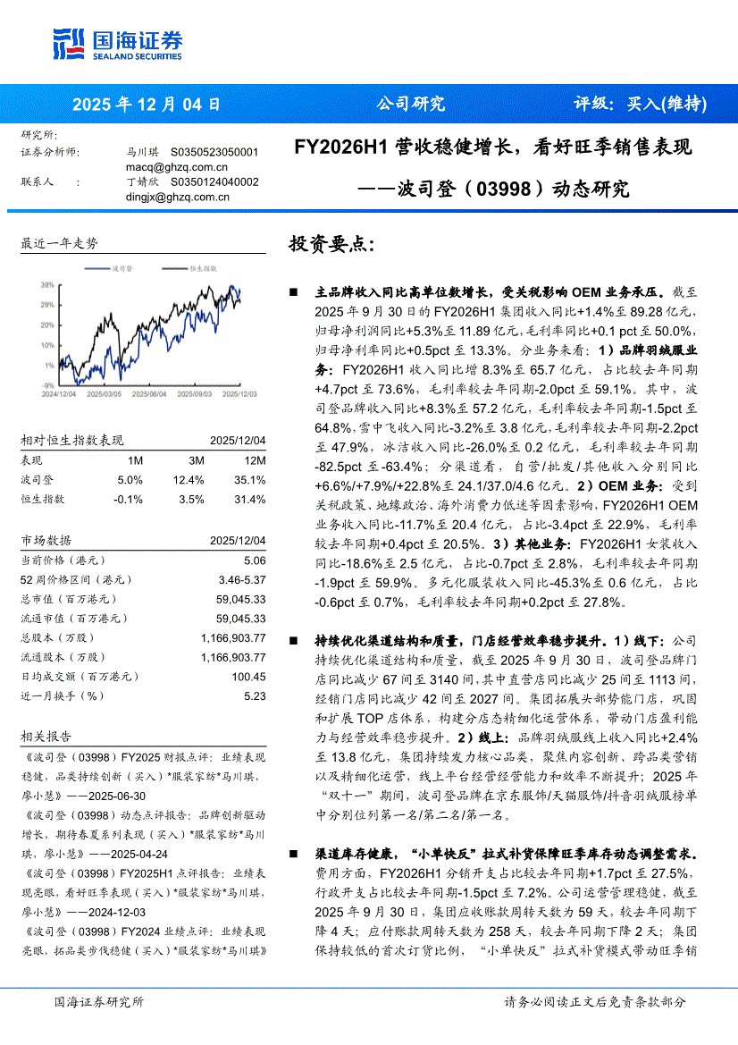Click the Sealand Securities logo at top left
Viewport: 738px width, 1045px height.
pos(118,43)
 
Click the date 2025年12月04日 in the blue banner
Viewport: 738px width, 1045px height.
pos(146,104)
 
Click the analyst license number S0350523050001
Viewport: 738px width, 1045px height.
pos(214,153)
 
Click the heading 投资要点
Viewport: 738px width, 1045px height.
pos(331,244)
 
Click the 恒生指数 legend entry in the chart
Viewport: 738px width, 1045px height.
pos(203,268)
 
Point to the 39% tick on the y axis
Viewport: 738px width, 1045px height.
pos(46,285)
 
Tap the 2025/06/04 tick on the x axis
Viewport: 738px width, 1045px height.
pos(148,393)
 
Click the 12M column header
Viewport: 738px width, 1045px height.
pos(255,460)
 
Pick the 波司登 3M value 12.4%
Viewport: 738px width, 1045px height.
pos(191,480)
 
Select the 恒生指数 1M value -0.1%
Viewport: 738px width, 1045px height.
pos(129,500)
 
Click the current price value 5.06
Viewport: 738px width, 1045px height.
pos(255,560)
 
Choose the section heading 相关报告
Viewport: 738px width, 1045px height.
pos(46,736)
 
